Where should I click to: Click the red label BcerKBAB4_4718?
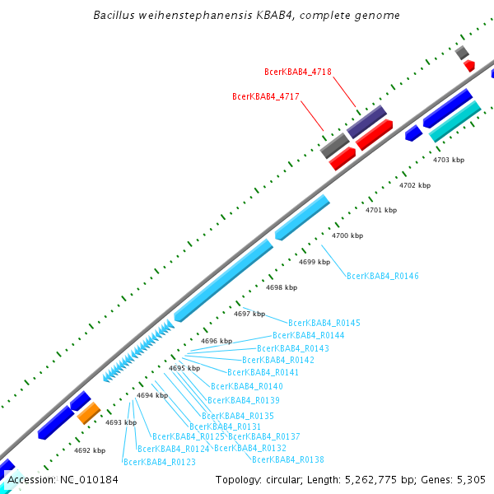pos(298,72)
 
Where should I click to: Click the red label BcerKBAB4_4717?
pos(266,97)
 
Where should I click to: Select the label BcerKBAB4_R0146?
pos(382,277)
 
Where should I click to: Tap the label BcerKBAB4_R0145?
pos(324,323)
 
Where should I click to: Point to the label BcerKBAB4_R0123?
pos(159,463)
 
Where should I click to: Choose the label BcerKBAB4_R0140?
pos(247,386)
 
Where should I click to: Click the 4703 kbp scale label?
pos(449,160)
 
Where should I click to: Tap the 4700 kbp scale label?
pos(347,236)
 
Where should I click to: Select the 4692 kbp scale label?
pos(90,451)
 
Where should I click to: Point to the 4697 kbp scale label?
pos(249,314)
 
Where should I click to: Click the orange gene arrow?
pos(89,412)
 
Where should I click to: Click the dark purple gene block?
pos(366,121)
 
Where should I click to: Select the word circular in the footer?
pos(284,480)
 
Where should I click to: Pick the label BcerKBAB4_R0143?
pos(293,348)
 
